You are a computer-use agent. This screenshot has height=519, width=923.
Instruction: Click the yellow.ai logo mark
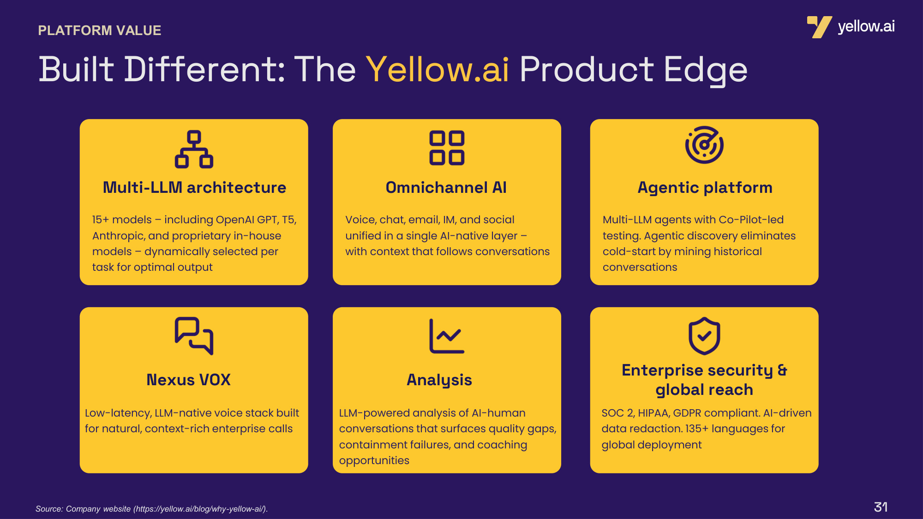819,27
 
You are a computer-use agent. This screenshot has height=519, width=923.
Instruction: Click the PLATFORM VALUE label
100,30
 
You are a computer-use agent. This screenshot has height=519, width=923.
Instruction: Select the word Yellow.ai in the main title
438,70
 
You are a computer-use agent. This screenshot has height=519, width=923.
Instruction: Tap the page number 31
881,507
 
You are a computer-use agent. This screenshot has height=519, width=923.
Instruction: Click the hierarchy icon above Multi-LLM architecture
194,149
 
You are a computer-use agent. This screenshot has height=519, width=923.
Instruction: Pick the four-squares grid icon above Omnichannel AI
447,148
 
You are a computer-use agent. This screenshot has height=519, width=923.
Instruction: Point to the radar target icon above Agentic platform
704,145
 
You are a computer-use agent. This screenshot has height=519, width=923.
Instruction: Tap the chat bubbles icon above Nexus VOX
194,336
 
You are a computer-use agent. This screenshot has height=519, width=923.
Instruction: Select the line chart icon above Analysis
447,336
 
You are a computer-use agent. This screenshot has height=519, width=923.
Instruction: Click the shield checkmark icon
704,336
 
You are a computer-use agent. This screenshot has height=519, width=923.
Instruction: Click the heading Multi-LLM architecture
194,187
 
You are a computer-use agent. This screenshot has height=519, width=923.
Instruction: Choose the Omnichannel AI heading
446,187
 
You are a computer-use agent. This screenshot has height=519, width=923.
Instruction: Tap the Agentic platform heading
705,188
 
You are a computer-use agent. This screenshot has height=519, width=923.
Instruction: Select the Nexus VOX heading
188,380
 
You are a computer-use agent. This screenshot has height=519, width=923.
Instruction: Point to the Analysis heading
439,380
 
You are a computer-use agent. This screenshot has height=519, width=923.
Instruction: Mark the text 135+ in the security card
697,429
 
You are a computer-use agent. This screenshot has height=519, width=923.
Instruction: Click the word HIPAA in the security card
653,413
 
